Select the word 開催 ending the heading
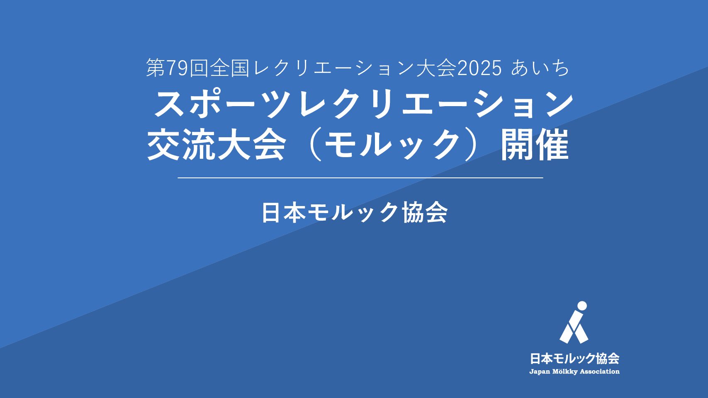(534, 145)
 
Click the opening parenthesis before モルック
(316, 145)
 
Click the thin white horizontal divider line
(360, 178)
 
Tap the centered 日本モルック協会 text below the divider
(355, 213)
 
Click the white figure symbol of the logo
(574, 322)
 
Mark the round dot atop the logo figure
(582, 306)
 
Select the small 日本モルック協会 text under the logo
(574, 359)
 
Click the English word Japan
(540, 372)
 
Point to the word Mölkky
(565, 372)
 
